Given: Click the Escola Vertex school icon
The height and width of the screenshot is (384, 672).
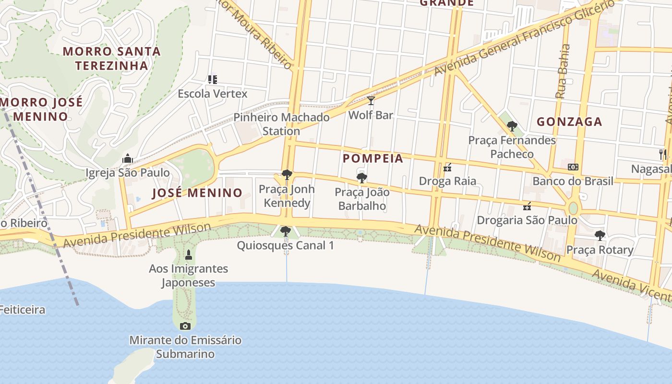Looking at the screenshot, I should [213, 79].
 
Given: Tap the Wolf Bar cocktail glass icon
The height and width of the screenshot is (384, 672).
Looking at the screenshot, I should [371, 100].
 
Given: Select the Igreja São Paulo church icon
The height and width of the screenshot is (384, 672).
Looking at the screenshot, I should [127, 158].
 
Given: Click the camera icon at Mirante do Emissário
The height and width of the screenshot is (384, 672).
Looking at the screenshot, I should [185, 326].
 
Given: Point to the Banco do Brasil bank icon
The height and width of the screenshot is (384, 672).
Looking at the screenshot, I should [573, 167].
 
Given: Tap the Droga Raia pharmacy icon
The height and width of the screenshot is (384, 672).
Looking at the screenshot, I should [447, 167].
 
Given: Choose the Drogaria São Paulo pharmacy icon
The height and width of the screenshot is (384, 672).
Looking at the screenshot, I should [527, 206].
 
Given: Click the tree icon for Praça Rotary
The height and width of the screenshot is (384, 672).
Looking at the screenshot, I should [600, 235].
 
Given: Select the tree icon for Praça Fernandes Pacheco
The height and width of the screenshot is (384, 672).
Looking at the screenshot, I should [512, 126].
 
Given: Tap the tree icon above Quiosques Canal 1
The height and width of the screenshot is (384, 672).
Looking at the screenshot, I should [286, 231].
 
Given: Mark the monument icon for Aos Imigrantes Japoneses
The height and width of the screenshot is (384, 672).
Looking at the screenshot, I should [188, 254].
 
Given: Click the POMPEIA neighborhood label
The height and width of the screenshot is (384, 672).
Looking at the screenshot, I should [373, 158].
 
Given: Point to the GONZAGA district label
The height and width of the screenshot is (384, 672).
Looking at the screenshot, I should [569, 122].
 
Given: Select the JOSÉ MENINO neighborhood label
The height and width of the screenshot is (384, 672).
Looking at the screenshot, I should [197, 193].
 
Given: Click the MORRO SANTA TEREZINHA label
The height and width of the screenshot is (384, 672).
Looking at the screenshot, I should [111, 58].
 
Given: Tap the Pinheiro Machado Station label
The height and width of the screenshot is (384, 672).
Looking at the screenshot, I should [281, 124].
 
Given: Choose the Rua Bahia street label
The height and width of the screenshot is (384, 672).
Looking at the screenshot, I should [563, 72].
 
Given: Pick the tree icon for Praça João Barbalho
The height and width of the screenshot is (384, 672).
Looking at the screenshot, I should [362, 178].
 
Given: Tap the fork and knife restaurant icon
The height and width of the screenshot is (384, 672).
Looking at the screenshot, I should [663, 154].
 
